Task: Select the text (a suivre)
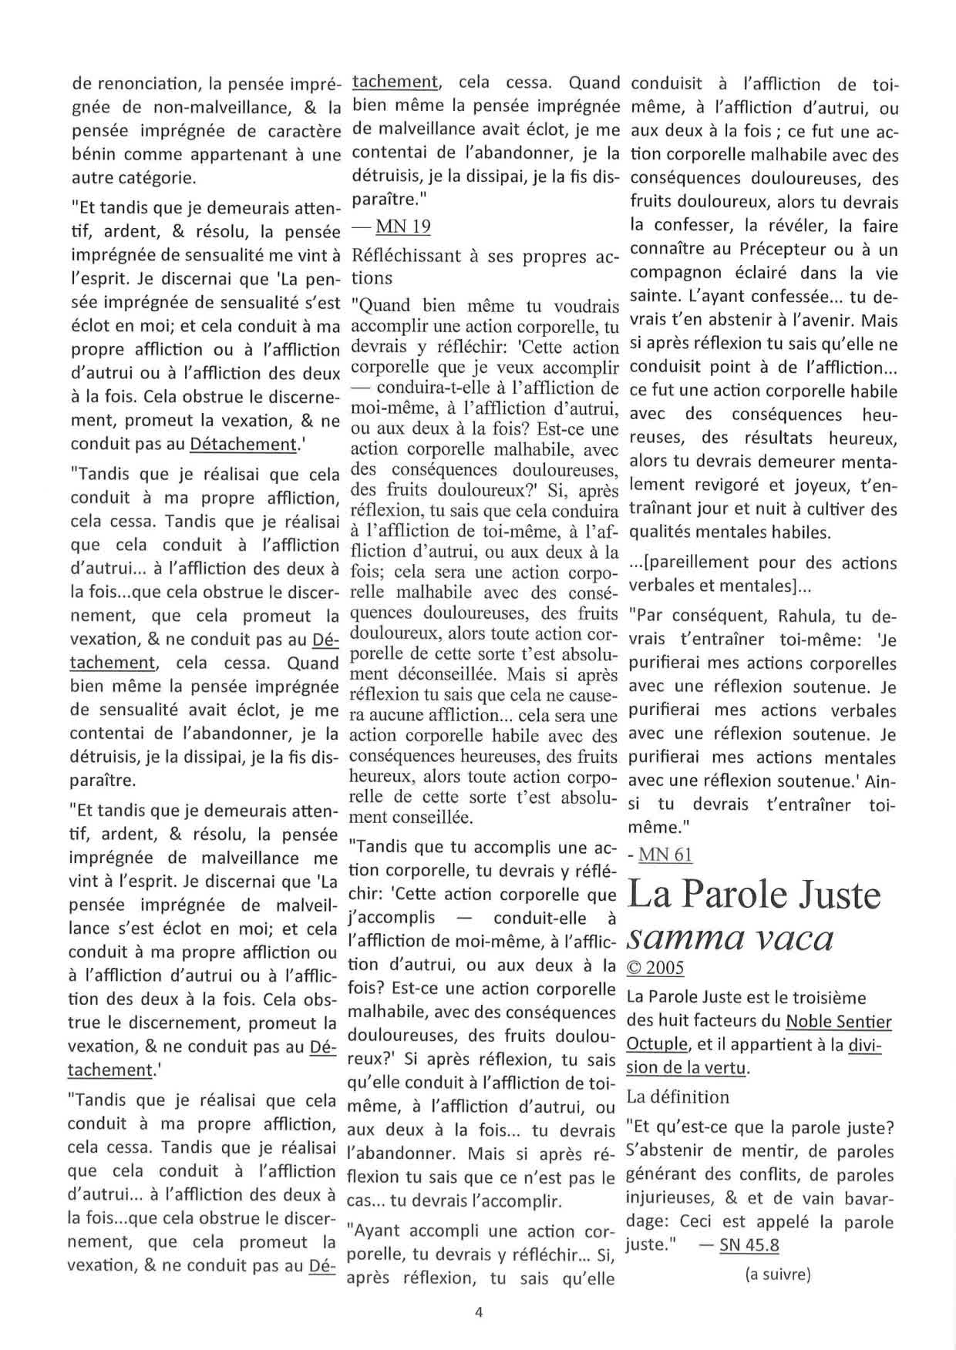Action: [x=777, y=1274]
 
